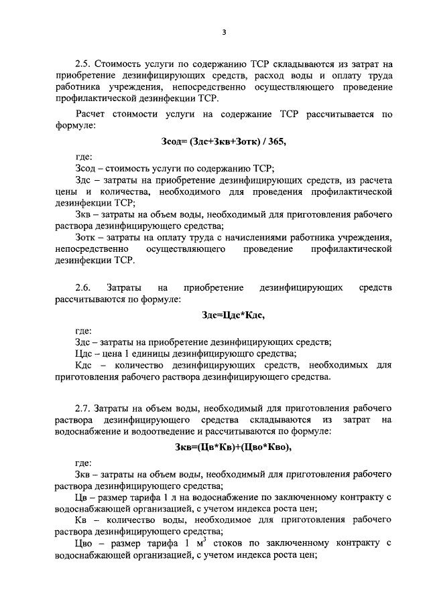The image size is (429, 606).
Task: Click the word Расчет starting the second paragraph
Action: (x=91, y=114)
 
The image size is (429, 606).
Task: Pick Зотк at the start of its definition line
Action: (x=86, y=236)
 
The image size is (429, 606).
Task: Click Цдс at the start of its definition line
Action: (x=85, y=354)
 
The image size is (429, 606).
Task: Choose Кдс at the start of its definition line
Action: (x=85, y=366)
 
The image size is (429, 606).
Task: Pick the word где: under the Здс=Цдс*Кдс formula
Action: (x=84, y=329)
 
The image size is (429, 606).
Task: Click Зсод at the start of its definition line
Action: (x=86, y=168)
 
